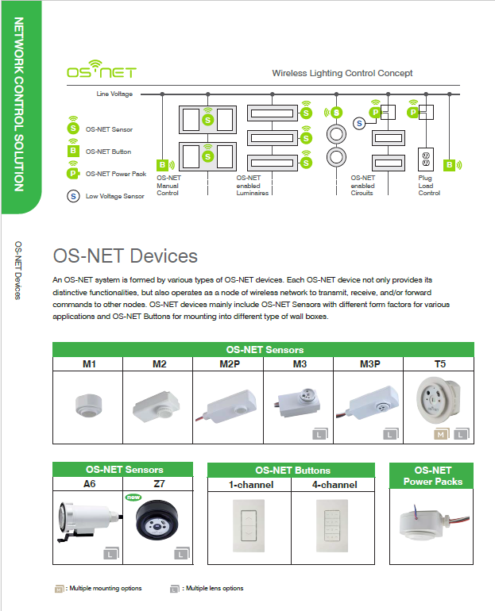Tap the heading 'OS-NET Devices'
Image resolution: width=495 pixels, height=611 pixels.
tap(125, 256)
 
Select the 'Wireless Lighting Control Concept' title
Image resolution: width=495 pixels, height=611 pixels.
tap(342, 73)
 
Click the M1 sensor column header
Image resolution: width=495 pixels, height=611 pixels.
tap(88, 363)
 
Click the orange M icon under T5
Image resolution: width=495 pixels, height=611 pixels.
tap(439, 435)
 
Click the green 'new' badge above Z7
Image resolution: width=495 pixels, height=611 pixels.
tap(133, 498)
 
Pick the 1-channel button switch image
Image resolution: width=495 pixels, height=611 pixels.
tap(249, 525)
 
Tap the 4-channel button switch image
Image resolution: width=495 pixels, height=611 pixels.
tap(333, 525)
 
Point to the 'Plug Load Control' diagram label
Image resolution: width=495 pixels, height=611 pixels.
tap(430, 186)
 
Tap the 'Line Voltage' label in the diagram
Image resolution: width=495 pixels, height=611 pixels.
tap(114, 94)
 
